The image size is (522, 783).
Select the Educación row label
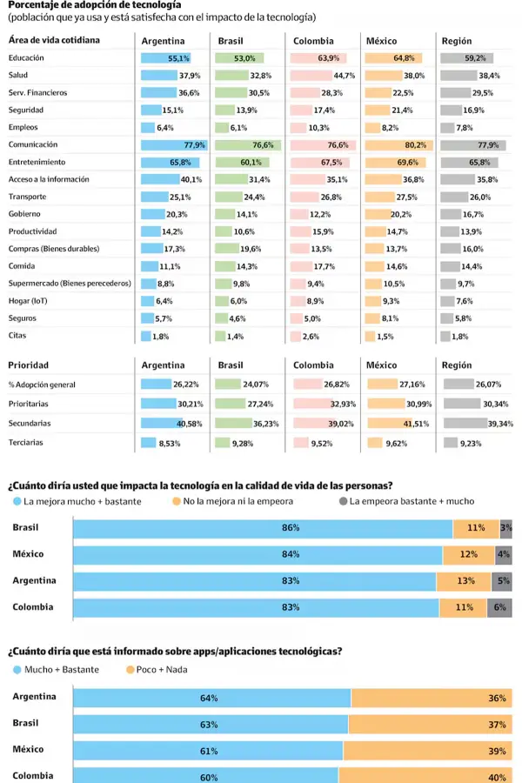pos(26,58)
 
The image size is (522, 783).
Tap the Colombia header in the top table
pos(312,41)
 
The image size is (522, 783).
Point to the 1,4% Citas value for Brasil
pos(235,337)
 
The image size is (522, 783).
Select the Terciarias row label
pos(27,442)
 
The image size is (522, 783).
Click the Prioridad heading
pos(28,365)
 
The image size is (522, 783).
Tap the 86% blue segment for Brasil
pos(263,528)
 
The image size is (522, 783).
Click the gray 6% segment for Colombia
pos(500,607)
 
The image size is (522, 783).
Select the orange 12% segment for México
pos(469,554)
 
